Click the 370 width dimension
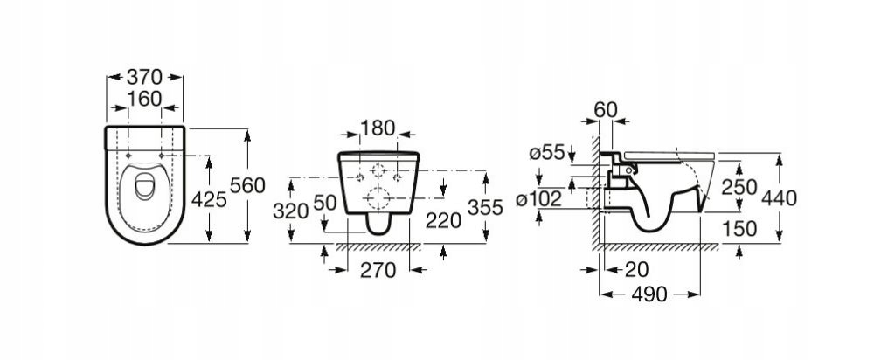pos(144,77)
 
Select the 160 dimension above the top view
pos(144,99)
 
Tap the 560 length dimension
pos(247,185)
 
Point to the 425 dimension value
pos(209,199)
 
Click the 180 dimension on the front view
pos(378,128)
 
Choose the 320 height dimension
pos(290,211)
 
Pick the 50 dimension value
pos(325,203)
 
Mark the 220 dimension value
pos(444,221)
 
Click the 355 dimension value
pos(485,207)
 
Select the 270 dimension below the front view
pos(378,270)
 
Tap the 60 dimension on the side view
pos(606,110)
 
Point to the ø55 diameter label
pos(547,152)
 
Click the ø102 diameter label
pos(538,199)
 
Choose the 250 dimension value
pos(739,187)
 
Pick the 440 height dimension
pos(780,197)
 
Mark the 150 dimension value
pos(739,228)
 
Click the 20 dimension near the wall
pos(636,270)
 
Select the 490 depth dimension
pos(649,294)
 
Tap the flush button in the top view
pos(144,185)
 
